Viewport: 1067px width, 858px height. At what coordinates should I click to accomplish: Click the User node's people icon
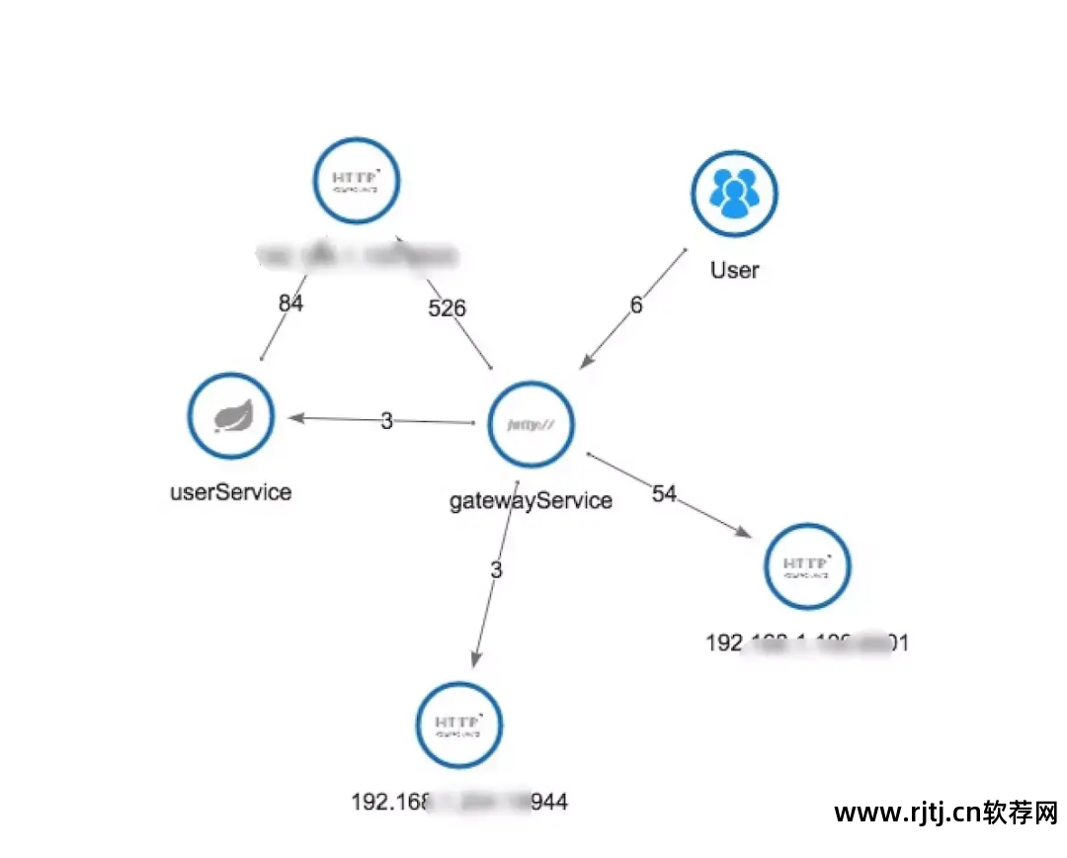[734, 195]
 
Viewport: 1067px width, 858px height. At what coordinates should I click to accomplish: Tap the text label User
[734, 270]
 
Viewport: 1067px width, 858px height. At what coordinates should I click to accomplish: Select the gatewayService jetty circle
[532, 424]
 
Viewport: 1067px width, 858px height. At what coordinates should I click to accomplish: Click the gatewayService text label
[532, 500]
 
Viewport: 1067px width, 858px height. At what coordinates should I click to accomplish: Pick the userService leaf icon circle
[230, 416]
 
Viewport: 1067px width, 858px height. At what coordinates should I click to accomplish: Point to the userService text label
[231, 491]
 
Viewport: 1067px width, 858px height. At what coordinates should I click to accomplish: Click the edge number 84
[290, 302]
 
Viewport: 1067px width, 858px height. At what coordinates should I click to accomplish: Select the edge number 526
[447, 308]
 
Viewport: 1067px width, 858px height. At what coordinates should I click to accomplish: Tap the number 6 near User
[636, 305]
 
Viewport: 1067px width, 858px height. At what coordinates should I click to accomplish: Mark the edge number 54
[664, 493]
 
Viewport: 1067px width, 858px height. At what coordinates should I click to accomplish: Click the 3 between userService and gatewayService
[386, 421]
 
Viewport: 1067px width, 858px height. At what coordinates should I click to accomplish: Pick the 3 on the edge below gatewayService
[496, 570]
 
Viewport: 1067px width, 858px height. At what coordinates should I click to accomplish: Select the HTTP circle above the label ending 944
[458, 725]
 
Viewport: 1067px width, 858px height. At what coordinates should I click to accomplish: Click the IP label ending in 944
[459, 802]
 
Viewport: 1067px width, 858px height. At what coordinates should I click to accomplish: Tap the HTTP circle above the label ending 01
[807, 566]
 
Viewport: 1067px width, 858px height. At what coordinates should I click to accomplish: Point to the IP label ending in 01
[807, 643]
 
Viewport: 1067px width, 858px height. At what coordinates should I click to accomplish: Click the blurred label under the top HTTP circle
[358, 256]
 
